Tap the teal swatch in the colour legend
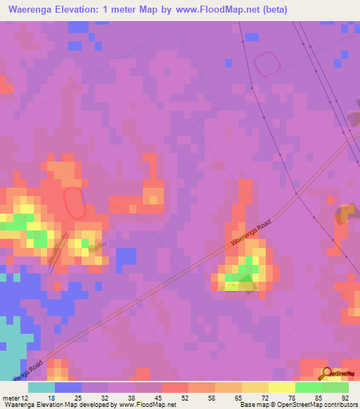tap(41, 387)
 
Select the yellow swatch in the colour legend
tap(281, 387)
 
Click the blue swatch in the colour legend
tap(67, 387)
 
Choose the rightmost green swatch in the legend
tap(335, 387)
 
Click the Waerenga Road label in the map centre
tap(250, 231)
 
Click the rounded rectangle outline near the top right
tap(267, 65)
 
